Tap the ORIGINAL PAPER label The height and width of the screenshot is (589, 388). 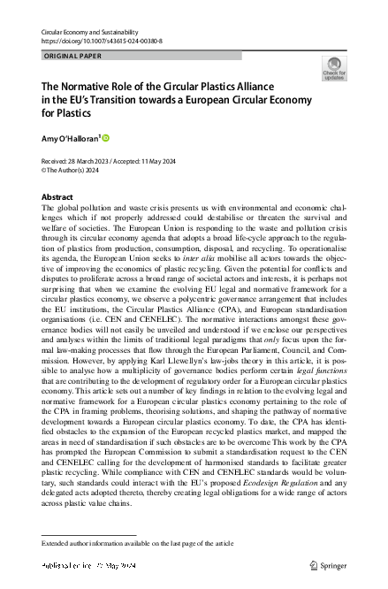(x=72, y=56)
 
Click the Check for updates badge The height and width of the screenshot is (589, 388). (x=335, y=69)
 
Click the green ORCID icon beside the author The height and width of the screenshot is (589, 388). (x=106, y=137)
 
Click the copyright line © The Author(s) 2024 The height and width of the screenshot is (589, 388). (x=79, y=170)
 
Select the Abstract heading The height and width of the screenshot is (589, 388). (x=58, y=196)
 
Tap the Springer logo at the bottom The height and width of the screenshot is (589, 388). (x=329, y=563)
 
